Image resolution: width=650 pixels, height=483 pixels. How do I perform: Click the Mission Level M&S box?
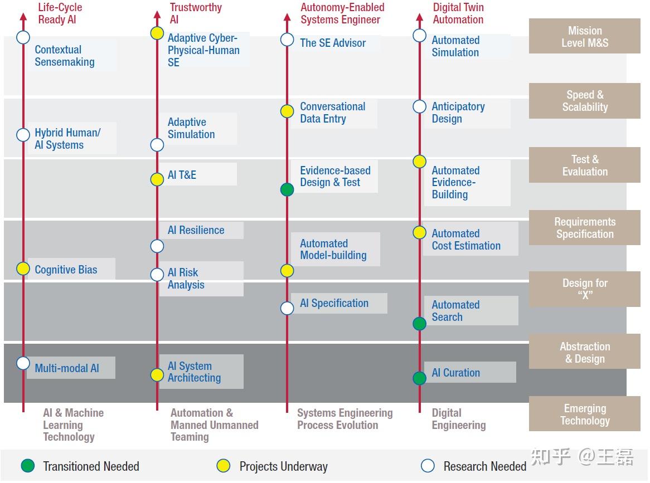584,36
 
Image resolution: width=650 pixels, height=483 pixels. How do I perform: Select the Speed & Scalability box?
584,101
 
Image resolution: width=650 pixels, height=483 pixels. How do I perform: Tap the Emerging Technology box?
584,414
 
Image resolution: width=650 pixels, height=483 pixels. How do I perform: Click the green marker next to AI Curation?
420,378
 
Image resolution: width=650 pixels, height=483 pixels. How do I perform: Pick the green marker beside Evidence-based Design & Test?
287,189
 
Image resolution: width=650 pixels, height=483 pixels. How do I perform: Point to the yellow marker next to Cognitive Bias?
23,269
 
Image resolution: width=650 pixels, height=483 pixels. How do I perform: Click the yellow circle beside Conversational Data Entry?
287,111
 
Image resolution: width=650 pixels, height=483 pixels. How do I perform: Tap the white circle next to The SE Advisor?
287,40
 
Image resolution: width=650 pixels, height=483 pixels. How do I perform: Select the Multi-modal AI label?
67,368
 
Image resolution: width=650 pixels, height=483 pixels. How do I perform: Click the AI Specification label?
334,303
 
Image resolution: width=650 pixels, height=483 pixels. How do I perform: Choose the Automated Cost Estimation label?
466,240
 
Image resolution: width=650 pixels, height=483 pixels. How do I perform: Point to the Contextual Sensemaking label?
65,56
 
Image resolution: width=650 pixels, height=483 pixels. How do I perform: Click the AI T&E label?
182,175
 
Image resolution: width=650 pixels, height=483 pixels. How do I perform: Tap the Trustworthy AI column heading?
195,13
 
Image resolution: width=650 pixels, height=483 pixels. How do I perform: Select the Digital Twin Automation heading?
458,13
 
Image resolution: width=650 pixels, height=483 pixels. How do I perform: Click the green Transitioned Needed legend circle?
28,466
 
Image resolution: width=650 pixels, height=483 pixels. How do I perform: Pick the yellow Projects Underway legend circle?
224,466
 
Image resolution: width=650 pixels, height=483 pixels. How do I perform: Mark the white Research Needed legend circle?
428,466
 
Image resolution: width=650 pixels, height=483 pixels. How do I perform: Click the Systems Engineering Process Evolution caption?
345,419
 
